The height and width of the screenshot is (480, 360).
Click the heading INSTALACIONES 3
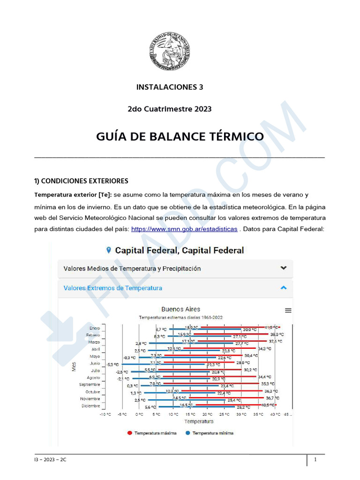coord(170,87)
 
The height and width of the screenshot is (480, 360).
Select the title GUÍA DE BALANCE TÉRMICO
coord(180,136)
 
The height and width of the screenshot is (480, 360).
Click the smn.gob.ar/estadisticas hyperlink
coord(184,229)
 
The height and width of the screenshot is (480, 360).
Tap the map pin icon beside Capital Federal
coord(109,250)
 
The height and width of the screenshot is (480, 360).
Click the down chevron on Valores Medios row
coord(283,268)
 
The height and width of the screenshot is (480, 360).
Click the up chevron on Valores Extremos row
coord(283,288)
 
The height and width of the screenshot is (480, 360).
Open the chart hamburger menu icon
coord(288,310)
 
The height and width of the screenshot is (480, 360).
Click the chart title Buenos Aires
coord(180,309)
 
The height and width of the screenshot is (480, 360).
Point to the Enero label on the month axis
coord(95,328)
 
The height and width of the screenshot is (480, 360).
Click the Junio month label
coord(95,363)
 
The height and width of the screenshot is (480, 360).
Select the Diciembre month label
coord(90,406)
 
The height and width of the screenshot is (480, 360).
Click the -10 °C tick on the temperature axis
coord(105,415)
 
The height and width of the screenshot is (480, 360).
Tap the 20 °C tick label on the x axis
coord(207,415)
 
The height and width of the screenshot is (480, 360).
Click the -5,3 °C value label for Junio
coord(112,364)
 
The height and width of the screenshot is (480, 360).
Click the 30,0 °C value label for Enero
coord(250,330)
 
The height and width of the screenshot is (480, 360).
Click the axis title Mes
coord(74,367)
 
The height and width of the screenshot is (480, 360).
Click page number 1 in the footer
coord(316,460)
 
